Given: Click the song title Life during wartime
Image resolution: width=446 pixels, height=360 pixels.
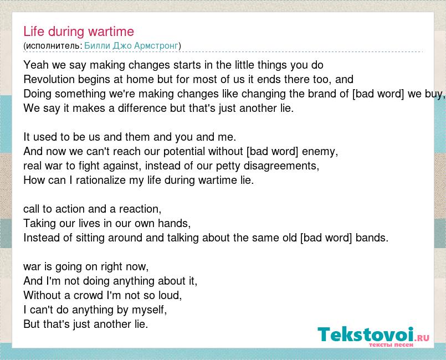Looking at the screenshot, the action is (79, 31).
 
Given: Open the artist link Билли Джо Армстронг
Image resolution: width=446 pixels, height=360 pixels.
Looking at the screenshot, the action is (131, 46).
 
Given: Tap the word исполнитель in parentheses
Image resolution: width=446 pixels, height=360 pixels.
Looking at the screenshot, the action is (53, 46).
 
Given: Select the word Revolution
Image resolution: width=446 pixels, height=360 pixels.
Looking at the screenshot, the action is (49, 79).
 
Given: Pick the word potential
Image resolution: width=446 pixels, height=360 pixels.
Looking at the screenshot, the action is (184, 152).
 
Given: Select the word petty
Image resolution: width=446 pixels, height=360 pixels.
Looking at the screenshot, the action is (228, 166).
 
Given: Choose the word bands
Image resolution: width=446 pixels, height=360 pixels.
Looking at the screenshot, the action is (372, 238).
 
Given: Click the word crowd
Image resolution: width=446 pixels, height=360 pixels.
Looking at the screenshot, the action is (88, 295).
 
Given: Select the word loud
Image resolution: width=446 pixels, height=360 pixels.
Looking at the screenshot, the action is (170, 295).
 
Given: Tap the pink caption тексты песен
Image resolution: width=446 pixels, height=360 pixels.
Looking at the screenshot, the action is (391, 345).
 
